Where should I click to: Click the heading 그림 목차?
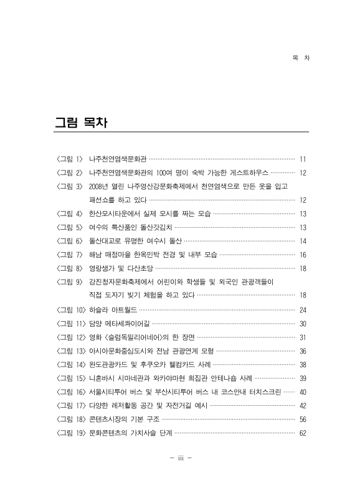82,123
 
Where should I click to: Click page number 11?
303,159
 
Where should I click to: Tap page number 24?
303,309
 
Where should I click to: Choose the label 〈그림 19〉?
71,433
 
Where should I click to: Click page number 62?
303,433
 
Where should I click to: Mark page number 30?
303,323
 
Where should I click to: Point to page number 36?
303,350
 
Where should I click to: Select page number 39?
303,378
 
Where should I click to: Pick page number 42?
303,405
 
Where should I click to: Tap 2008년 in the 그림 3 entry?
100,186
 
